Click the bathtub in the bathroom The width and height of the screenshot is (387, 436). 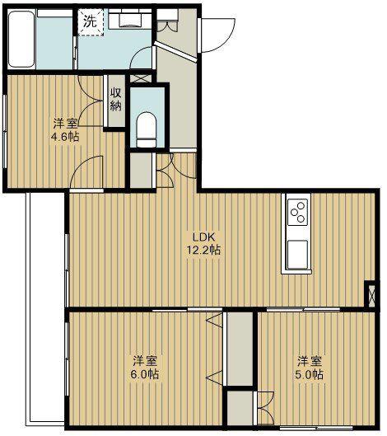21,39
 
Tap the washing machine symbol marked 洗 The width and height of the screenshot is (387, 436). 91,22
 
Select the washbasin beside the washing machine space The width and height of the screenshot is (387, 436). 130,18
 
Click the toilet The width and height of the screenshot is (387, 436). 147,129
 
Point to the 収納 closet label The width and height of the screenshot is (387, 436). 116,100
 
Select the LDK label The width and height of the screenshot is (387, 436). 204,237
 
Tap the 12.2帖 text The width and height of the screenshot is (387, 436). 203,251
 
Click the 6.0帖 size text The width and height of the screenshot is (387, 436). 145,374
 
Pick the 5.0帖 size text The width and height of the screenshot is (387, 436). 309,374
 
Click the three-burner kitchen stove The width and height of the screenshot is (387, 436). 297,212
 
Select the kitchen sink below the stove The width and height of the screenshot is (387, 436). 297,255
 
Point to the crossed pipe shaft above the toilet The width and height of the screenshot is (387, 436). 141,78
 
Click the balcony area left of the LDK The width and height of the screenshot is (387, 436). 46,308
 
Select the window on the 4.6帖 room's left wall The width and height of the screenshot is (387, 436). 5,131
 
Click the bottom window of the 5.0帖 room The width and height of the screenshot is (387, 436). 317,427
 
